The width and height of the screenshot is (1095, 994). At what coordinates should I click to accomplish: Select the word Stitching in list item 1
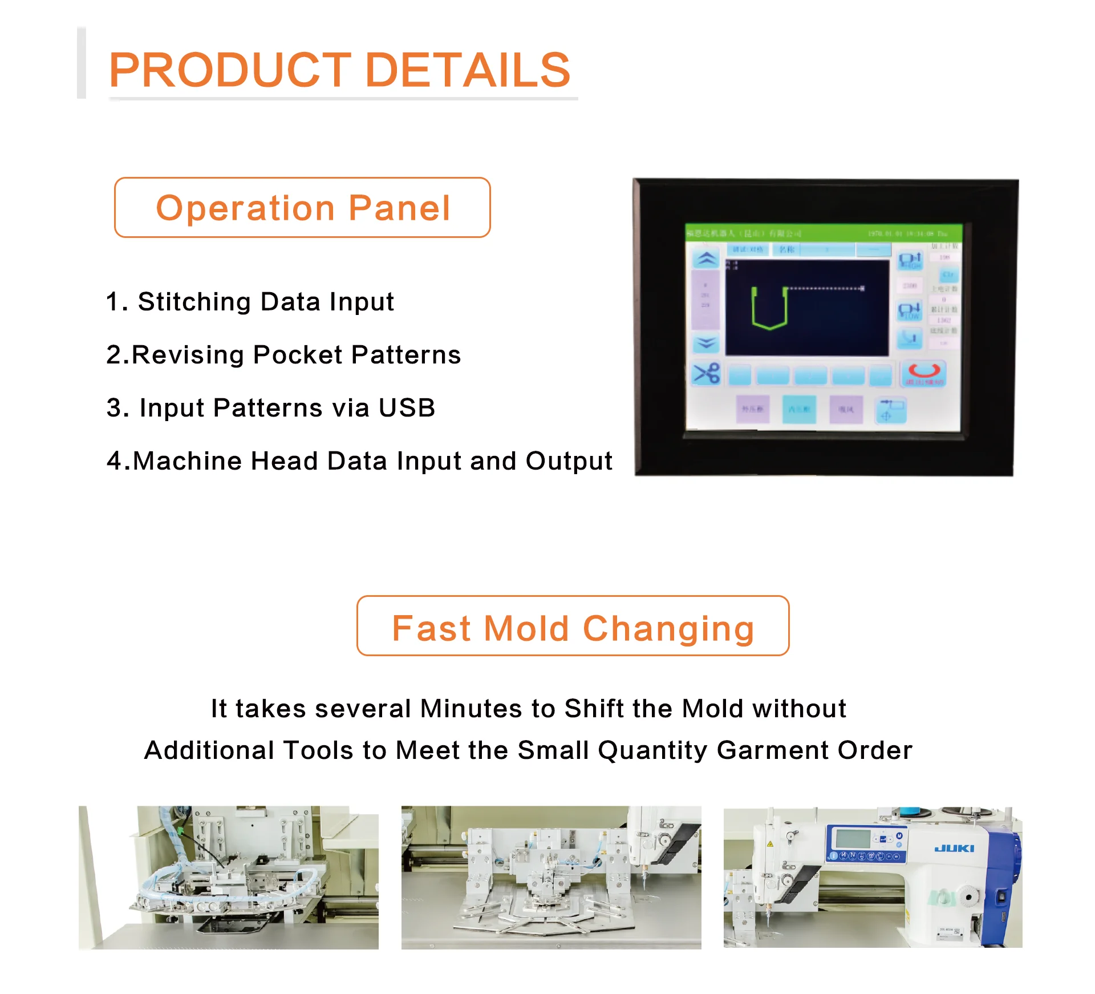coord(194,301)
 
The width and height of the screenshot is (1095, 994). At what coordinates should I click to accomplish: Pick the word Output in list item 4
coord(569,460)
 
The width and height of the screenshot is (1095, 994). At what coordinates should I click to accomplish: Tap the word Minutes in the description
coord(471,709)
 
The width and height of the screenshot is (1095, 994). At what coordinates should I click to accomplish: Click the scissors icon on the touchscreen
coord(707,374)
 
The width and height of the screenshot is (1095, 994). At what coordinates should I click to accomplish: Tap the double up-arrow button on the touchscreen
coord(707,259)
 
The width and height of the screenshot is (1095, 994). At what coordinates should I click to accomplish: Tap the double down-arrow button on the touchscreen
coord(706,343)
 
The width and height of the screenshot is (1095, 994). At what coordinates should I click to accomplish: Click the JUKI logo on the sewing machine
coord(954,848)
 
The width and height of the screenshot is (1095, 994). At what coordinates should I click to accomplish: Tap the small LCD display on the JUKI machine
coord(853,839)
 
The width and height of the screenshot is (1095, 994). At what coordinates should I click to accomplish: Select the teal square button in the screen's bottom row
coord(799,409)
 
